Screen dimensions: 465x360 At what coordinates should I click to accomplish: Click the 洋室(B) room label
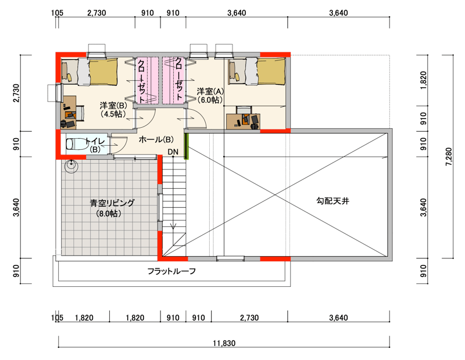[113, 109]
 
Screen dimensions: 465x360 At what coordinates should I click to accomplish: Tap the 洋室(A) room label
[210, 95]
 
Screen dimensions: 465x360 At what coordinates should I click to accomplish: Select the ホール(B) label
[156, 139]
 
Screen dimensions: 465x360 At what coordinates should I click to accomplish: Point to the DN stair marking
[173, 152]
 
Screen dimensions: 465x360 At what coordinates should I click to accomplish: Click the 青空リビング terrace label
[112, 203]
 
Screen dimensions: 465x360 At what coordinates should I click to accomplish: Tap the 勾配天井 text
[332, 201]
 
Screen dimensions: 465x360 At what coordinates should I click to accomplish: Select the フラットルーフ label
[171, 271]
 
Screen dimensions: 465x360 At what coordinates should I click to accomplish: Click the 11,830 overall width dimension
[224, 343]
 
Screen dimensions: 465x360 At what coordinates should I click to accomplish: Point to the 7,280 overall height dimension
[449, 156]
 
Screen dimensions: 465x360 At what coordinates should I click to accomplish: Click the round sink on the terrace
[71, 165]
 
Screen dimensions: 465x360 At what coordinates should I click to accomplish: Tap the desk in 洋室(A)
[243, 121]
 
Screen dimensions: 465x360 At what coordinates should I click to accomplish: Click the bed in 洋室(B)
[90, 71]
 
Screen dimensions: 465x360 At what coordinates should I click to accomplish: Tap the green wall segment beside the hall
[186, 146]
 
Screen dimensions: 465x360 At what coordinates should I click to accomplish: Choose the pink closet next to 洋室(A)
[174, 80]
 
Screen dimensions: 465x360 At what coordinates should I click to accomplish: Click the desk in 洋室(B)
[69, 112]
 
